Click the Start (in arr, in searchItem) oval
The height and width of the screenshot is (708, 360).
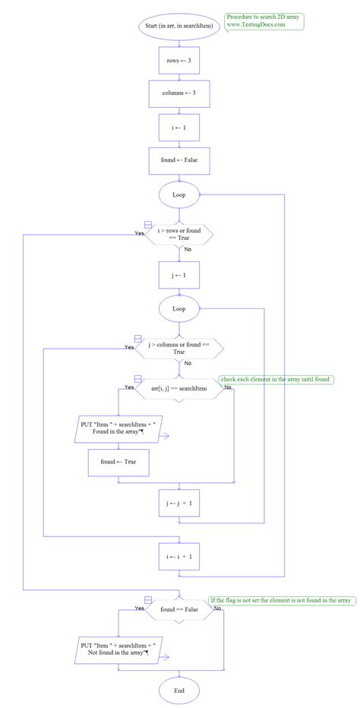click(179, 25)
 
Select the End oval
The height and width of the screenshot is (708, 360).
click(179, 691)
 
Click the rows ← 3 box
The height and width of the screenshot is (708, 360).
click(179, 59)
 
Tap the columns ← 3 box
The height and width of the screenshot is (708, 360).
click(179, 93)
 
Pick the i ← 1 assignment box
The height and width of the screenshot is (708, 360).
click(179, 128)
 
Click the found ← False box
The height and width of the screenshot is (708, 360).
click(179, 161)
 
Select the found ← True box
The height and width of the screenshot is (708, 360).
click(118, 461)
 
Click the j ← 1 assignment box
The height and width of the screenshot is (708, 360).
click(179, 275)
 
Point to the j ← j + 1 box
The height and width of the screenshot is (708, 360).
click(179, 503)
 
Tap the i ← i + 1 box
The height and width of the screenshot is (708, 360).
click(179, 556)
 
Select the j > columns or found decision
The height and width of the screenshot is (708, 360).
click(179, 348)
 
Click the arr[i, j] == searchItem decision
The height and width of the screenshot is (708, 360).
click(179, 388)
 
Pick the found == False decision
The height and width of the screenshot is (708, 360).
click(179, 609)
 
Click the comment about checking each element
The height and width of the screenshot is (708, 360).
click(276, 379)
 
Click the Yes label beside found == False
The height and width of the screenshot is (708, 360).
click(140, 608)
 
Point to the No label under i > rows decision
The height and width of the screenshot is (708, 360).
click(188, 249)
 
